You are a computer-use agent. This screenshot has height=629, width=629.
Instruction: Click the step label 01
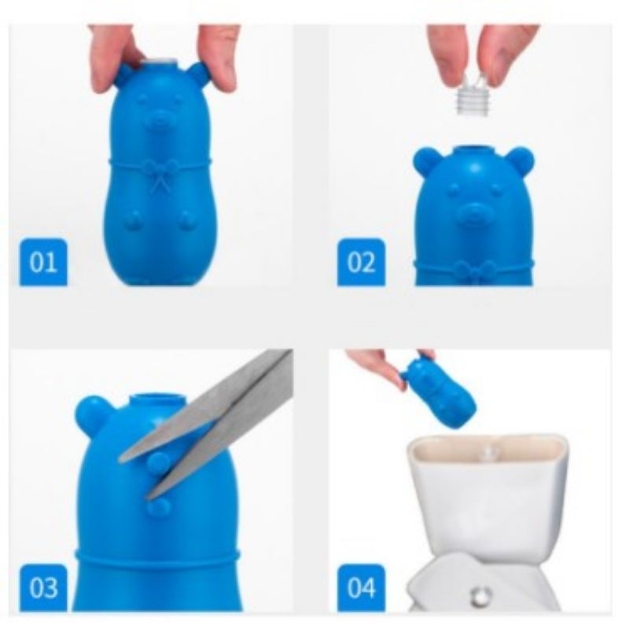43,263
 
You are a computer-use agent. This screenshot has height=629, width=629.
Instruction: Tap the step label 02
361,263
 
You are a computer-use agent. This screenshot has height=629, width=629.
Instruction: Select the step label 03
43,587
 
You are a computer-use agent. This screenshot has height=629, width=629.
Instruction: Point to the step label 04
361,587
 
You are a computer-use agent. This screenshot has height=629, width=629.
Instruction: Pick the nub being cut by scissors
159,462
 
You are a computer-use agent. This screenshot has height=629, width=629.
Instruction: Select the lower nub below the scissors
160,506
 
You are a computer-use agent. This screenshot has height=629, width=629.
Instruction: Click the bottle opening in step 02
474,151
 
